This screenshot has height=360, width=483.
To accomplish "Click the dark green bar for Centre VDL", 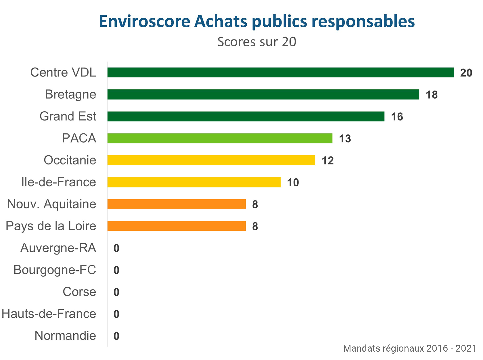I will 280,72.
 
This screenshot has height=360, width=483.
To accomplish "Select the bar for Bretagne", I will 263,94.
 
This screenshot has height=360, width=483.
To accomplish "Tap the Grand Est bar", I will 246,116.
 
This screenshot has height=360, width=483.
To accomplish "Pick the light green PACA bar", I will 220,138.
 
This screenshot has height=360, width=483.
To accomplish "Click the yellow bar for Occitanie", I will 211,160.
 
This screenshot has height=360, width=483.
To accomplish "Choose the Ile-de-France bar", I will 194,182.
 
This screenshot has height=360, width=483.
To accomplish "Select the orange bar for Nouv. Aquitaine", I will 177,204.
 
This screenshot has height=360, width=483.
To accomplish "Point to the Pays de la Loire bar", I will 177,226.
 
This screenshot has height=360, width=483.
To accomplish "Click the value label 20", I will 466,73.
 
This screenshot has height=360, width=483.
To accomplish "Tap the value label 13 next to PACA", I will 345,139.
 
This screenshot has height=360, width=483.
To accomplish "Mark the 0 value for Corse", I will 116,292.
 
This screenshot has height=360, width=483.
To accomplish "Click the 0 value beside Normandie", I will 116,336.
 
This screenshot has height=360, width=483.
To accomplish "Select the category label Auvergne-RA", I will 58,248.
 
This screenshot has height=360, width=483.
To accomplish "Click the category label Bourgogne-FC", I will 55,270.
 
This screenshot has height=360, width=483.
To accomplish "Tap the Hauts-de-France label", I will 49,314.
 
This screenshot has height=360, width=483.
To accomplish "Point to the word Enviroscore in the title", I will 145,21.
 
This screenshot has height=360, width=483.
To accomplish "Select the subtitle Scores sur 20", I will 257,42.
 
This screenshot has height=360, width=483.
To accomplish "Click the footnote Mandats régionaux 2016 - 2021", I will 410,348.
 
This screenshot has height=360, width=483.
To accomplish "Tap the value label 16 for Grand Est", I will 397,117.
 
